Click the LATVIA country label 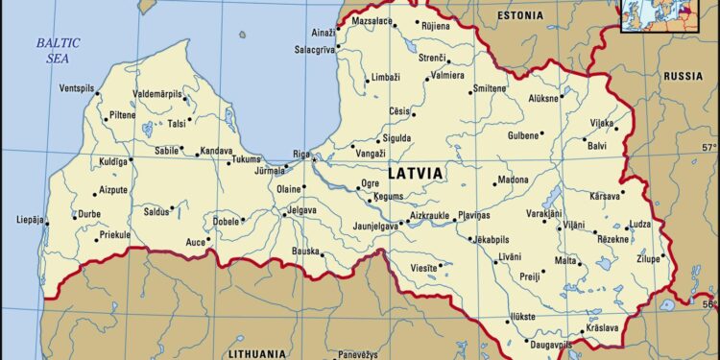click(x=416, y=173)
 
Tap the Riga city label click(x=301, y=154)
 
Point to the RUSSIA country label click(x=684, y=76)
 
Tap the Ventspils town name click(x=79, y=88)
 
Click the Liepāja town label click(x=30, y=220)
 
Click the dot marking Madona click(x=497, y=180)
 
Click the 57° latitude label click(x=708, y=147)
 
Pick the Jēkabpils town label click(x=492, y=239)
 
